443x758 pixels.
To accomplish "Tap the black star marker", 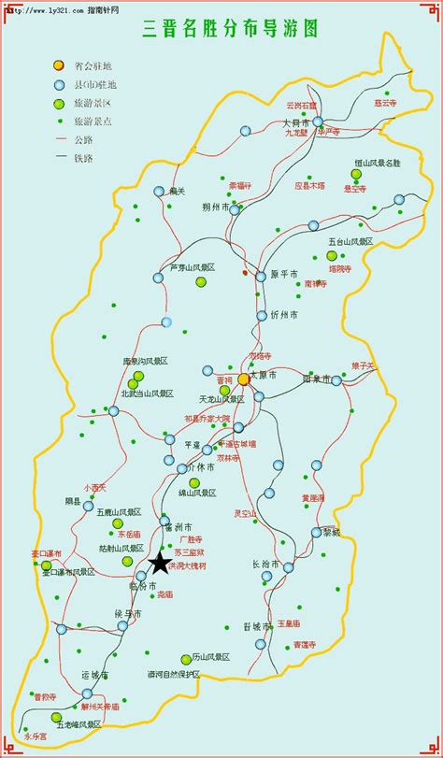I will [160, 562].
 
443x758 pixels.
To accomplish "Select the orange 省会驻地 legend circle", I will [59, 65].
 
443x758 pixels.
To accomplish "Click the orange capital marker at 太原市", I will [244, 379].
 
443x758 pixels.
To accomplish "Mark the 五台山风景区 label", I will [350, 241].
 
